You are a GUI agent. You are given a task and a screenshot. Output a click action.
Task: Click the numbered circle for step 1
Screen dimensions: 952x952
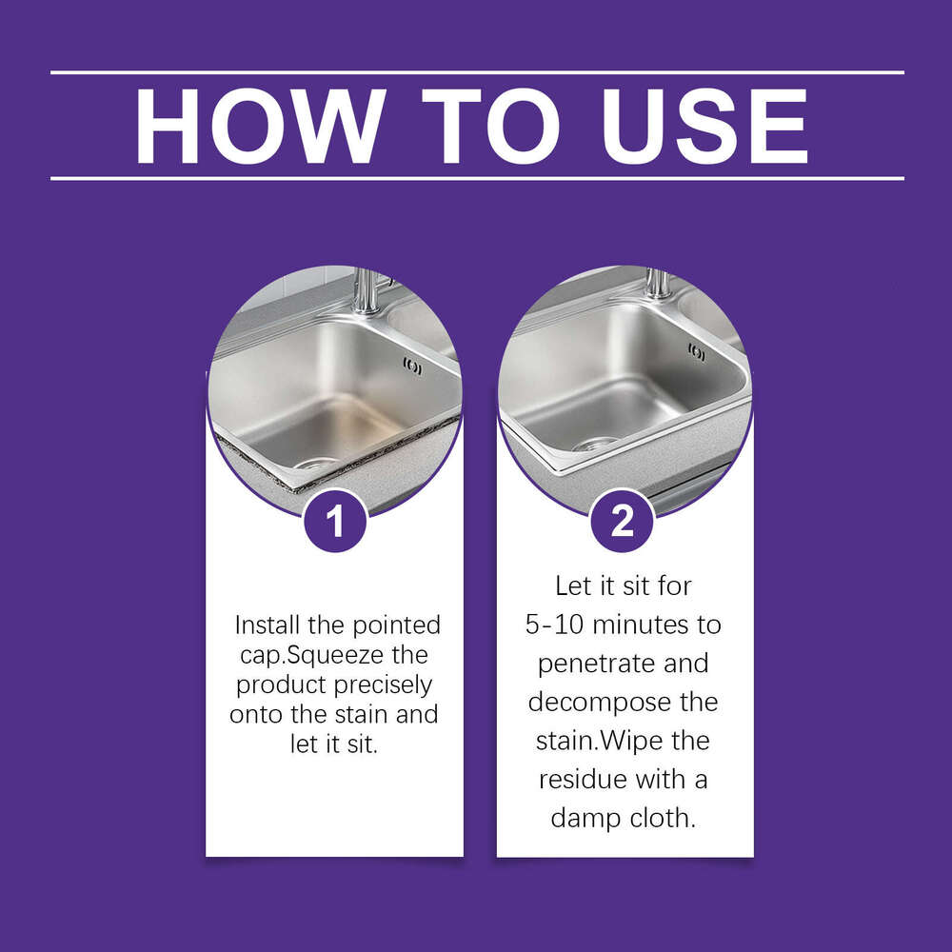pyautogui.click(x=335, y=522)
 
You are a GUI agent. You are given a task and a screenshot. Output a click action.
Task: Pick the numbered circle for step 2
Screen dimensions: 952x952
pyautogui.click(x=623, y=522)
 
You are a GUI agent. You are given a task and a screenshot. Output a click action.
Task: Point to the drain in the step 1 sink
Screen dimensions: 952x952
pyautogui.click(x=310, y=464)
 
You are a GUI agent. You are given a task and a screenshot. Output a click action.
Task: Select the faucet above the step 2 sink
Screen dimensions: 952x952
pyautogui.click(x=656, y=283)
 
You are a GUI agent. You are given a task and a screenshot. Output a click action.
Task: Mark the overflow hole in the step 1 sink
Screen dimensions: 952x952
pyautogui.click(x=412, y=364)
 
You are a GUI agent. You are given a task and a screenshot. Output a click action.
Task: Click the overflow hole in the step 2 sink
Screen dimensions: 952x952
pyautogui.click(x=697, y=352)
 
